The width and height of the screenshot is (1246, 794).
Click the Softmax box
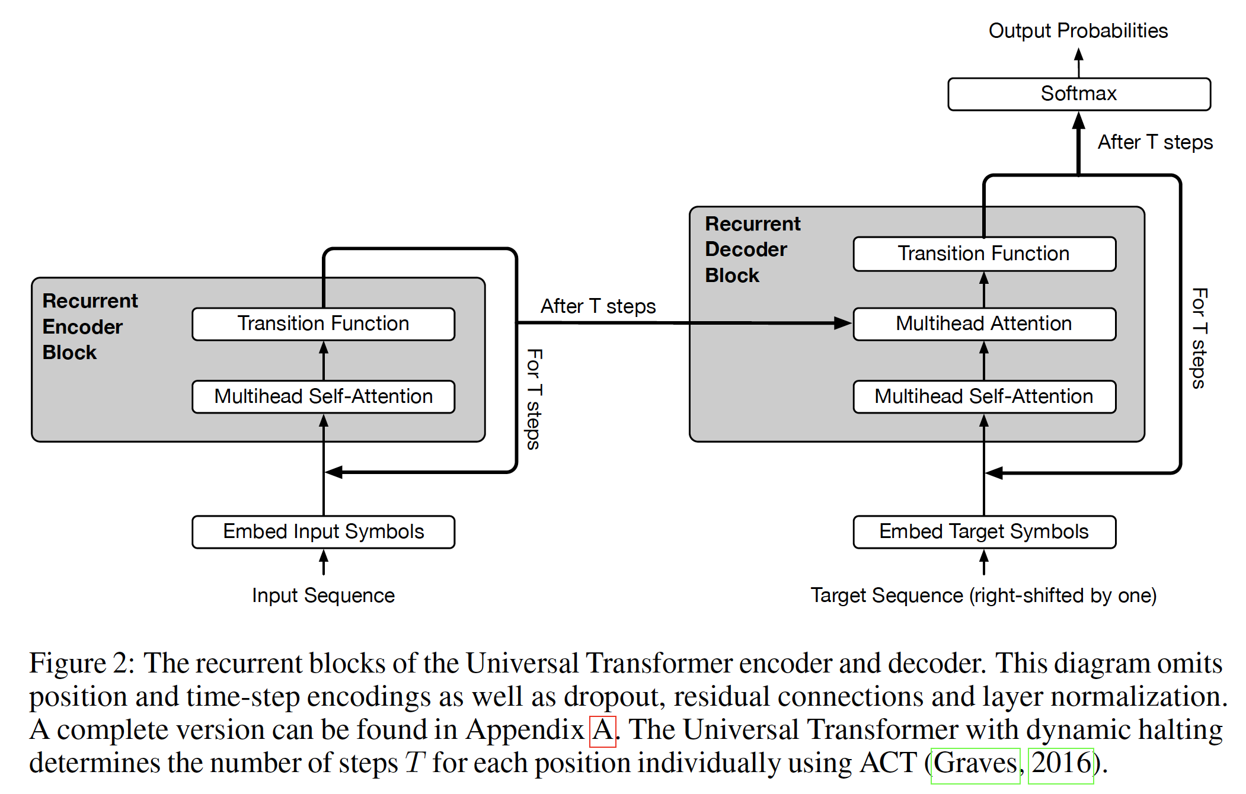[1079, 94]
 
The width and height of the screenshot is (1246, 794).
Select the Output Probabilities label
[1078, 31]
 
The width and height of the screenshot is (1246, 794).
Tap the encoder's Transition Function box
[323, 324]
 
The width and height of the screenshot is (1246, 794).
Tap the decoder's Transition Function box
[984, 254]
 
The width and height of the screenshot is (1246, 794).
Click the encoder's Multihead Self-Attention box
[323, 396]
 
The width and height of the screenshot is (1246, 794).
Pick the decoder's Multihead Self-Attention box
[984, 396]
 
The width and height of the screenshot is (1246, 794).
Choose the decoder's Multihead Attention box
[984, 324]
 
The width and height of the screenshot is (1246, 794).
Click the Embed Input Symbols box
[323, 532]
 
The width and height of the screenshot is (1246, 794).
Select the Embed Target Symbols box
[984, 532]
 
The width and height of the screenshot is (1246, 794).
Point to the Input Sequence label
[323, 595]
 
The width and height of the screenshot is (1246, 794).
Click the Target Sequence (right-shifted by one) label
[983, 595]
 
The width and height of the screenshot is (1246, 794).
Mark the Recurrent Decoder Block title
[752, 249]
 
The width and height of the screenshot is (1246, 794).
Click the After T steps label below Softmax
[1155, 143]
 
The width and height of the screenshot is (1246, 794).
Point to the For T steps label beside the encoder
[533, 399]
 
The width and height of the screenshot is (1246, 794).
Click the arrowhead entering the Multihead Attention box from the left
[842, 323]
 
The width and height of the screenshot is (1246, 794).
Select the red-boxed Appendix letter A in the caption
[603, 731]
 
